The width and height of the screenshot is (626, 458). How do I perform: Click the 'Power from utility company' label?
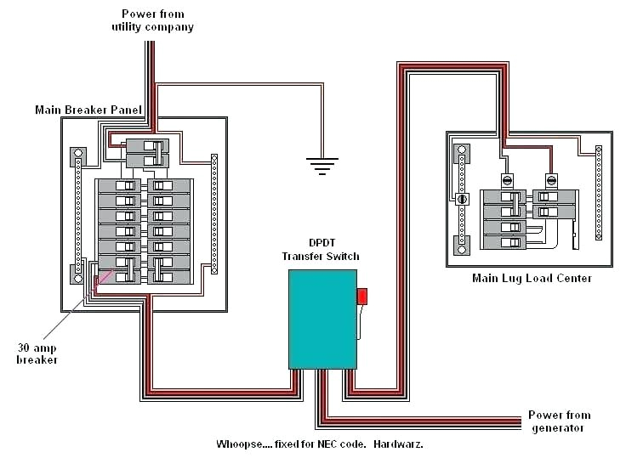(152, 20)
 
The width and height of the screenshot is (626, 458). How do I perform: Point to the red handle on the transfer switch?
(361, 296)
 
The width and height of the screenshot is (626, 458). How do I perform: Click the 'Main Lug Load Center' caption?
(531, 278)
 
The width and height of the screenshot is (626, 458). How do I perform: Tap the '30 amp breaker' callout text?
(37, 353)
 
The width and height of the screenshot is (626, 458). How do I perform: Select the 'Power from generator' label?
(559, 421)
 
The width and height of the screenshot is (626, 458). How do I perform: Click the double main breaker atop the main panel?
(147, 153)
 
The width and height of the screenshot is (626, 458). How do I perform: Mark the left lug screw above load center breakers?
(506, 180)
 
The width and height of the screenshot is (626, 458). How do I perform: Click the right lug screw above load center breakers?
(551, 180)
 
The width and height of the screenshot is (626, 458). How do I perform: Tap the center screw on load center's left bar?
(463, 199)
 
